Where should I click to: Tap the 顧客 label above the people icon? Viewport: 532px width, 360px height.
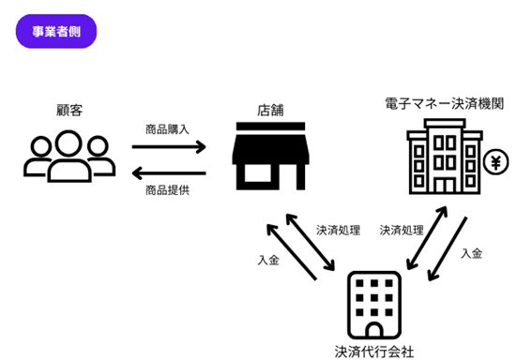coord(69,111)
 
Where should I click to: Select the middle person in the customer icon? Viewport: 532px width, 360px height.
coord(70,156)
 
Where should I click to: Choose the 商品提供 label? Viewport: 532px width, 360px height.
coord(168,191)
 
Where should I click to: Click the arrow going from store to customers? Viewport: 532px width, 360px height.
coord(168,172)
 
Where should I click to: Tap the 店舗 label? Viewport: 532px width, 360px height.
coord(271,111)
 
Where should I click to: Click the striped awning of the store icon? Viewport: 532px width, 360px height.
coord(271,146)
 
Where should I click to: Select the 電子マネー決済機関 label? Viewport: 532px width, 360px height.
coord(445,103)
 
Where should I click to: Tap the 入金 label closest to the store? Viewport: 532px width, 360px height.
coord(267,260)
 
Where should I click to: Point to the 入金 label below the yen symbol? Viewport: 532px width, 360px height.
coord(472,253)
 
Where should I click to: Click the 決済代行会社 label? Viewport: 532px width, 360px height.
coord(375,352)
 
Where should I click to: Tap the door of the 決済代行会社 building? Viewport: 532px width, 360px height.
coord(375,329)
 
